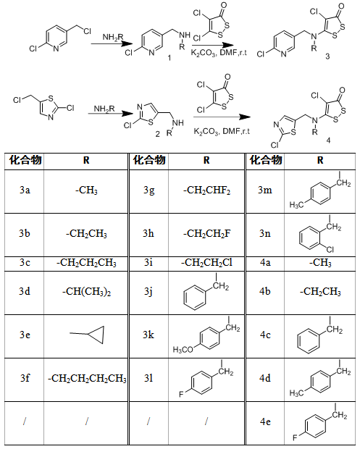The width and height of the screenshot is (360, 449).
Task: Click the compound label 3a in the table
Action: coord(25,190)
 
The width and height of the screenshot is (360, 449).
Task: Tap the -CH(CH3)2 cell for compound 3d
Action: coord(86,292)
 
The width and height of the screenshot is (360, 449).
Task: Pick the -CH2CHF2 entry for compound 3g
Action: coord(206,190)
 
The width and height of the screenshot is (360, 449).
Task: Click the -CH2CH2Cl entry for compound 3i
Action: coord(206,262)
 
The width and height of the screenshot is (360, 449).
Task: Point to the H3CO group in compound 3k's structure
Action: coord(183,349)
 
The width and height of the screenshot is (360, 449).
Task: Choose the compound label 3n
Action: coord(265,233)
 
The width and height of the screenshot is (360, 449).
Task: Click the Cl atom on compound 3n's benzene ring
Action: coord(330,250)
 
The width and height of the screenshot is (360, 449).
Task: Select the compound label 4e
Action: coord(265,421)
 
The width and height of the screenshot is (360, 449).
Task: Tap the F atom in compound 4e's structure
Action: coord(295,437)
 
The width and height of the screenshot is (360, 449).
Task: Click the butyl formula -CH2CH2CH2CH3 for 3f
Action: coord(87,379)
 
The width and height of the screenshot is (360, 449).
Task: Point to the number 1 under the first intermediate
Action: coord(169,58)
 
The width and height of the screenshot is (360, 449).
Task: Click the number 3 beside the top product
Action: coord(327,56)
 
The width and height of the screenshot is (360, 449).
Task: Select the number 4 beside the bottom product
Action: coord(328,140)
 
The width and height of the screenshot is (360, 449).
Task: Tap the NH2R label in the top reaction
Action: coord(113,37)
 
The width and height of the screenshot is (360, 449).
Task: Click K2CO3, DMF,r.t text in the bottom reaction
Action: coord(222,131)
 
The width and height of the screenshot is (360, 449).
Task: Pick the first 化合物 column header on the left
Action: coord(25,160)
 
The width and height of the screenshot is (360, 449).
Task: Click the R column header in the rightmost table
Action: coord(320,160)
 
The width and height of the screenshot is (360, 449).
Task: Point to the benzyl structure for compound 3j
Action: coord(206,292)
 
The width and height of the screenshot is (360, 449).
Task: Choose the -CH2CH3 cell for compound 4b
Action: coord(320,292)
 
